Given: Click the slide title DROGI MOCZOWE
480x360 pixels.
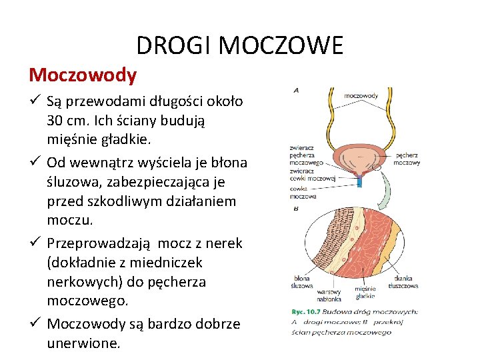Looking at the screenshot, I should [240, 45].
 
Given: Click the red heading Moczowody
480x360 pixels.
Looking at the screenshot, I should [83, 75].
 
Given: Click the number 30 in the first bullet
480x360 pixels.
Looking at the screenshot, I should [55, 121].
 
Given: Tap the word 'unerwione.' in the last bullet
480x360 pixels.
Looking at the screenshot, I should [84, 343].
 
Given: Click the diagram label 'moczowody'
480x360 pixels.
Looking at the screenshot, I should [361, 95].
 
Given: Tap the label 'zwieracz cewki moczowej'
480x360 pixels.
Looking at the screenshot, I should [311, 175].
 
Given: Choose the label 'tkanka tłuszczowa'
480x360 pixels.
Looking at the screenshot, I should [405, 282].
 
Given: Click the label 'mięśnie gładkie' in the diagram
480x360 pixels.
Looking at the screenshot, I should [365, 292].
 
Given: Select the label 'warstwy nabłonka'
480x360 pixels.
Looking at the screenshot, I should [329, 295].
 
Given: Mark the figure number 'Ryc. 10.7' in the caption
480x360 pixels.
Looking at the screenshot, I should [305, 311].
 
